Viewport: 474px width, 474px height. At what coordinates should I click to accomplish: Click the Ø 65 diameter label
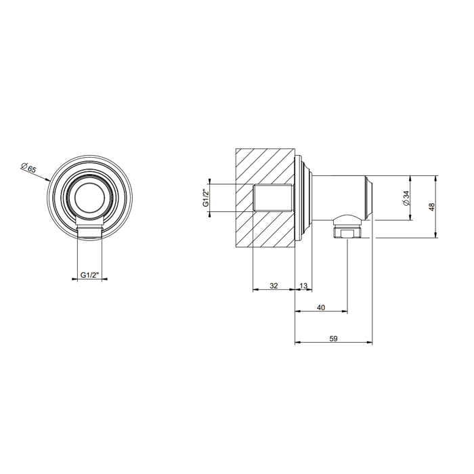click(28, 167)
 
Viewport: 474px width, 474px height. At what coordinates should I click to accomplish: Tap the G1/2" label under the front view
click(90, 275)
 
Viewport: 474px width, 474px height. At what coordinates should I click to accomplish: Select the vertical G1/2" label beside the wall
click(206, 198)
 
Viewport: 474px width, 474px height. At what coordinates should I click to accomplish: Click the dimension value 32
click(274, 285)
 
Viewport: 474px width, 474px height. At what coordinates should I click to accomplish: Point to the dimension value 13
click(303, 285)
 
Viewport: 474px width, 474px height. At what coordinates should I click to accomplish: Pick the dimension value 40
click(321, 307)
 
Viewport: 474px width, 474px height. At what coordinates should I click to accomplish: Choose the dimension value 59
click(333, 339)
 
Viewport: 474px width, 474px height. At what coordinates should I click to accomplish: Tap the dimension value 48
click(431, 207)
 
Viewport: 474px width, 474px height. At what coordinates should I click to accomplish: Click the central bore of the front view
click(90, 198)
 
